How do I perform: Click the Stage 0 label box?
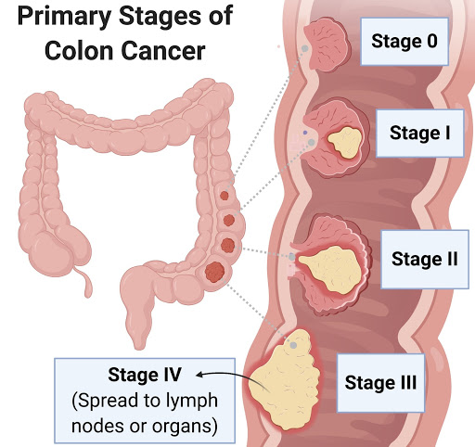[x=404, y=42]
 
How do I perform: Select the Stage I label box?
[x=420, y=134]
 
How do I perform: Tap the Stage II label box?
[x=425, y=259]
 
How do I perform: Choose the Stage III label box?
[x=380, y=383]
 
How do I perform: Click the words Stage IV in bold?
[x=145, y=375]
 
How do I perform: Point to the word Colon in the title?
[x=79, y=51]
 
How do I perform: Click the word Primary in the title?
[x=64, y=17]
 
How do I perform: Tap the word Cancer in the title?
[x=163, y=51]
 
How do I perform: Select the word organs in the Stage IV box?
[x=182, y=427]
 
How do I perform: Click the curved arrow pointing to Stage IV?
[x=232, y=380]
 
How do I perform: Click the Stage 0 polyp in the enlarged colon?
[x=327, y=45]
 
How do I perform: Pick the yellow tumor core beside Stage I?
[x=344, y=142]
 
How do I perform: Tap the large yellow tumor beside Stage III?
[x=285, y=380]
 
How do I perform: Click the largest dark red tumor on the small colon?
[x=214, y=272]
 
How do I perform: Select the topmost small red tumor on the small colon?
[x=225, y=196]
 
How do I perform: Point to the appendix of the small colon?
[x=85, y=281]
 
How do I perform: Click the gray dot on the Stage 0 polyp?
[x=305, y=48]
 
